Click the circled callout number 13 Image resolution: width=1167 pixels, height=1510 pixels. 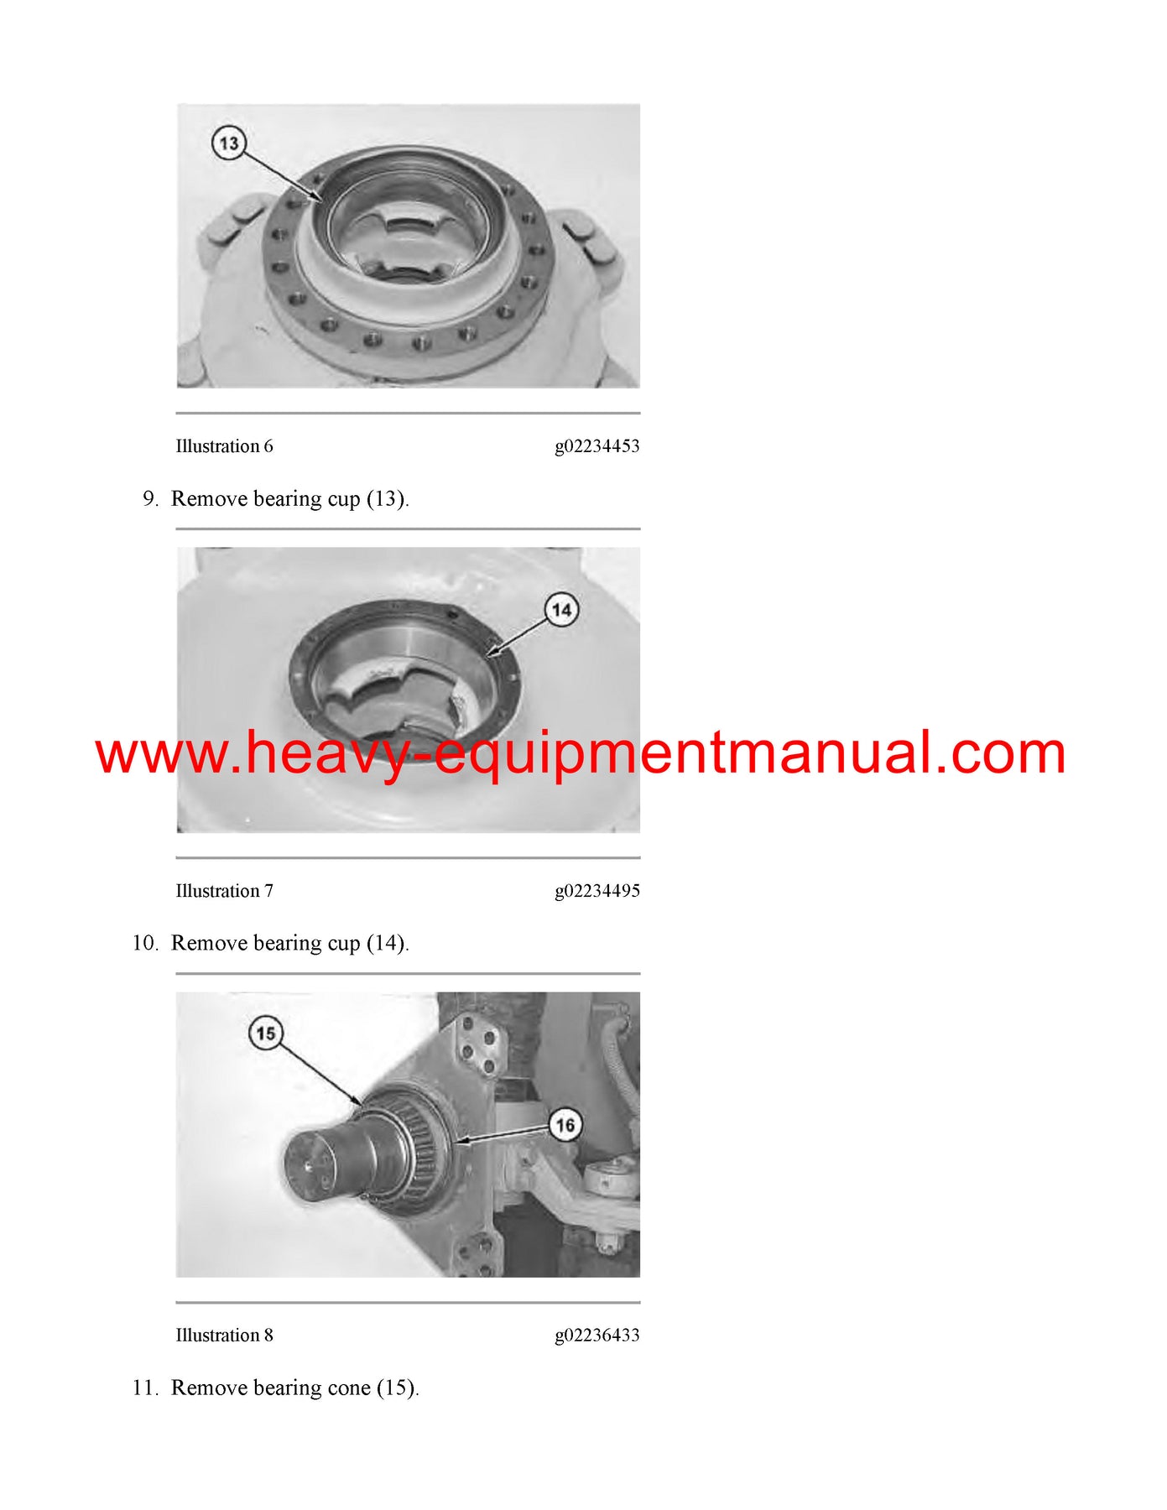(228, 143)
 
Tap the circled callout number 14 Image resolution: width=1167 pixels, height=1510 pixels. (561, 610)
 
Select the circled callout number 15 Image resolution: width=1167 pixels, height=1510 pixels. (266, 1034)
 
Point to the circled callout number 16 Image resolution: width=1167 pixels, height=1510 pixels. (565, 1125)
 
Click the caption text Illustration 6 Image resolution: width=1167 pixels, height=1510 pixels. (224, 446)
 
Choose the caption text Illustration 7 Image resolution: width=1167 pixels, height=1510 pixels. (224, 891)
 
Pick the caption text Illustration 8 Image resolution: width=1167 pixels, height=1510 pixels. (224, 1336)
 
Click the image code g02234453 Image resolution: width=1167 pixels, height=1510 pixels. (597, 446)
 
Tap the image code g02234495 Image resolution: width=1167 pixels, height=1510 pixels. (597, 891)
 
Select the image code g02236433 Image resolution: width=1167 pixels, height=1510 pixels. (597, 1336)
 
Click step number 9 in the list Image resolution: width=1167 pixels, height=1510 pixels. (150, 499)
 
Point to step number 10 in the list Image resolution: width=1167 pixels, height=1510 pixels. (144, 944)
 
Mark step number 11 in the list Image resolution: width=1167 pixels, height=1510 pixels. (144, 1388)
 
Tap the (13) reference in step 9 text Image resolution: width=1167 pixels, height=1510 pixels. (387, 499)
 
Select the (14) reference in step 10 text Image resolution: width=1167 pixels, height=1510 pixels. (387, 944)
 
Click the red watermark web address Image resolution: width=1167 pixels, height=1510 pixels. (581, 752)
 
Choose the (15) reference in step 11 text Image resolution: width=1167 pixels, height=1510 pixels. (397, 1388)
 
